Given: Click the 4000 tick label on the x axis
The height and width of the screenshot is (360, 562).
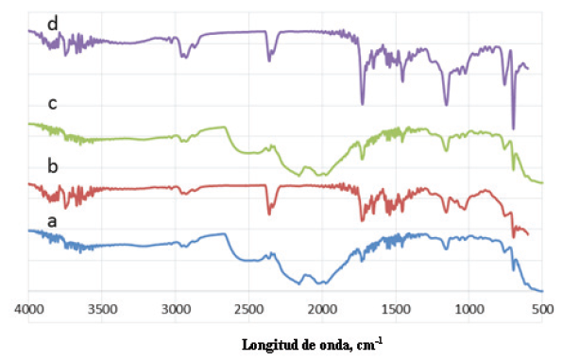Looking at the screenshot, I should (x=29, y=308).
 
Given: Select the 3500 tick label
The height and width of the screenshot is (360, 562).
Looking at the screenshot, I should (x=102, y=308).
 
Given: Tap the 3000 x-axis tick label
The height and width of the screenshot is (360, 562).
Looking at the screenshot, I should (x=176, y=308).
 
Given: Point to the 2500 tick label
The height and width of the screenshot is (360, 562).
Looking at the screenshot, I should (x=248, y=308).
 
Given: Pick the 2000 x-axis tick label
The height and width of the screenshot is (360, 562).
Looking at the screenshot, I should (x=322, y=308).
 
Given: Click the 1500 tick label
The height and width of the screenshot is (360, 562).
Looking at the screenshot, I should (x=395, y=308).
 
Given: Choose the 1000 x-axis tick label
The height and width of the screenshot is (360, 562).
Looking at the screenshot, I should (x=468, y=308).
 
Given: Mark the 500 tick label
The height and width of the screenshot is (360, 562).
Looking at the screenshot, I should (x=541, y=308).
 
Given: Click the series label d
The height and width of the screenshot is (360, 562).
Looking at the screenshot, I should (x=50, y=20).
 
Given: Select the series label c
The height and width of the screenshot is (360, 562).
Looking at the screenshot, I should (x=51, y=103).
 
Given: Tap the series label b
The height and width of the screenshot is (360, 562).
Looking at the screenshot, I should (x=53, y=166).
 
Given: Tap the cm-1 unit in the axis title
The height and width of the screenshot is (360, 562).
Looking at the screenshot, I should (x=371, y=343).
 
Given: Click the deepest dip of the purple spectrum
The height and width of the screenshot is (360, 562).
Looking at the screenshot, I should (x=513, y=128).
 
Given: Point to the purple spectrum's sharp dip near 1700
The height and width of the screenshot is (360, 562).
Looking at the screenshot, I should (x=362, y=103).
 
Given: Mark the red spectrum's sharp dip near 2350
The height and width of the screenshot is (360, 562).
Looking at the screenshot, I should (x=268, y=213).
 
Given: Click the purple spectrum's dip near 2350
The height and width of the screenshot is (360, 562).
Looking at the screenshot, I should (x=268, y=60).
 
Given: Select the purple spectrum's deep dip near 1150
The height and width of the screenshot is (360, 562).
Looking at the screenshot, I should (x=446, y=104).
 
